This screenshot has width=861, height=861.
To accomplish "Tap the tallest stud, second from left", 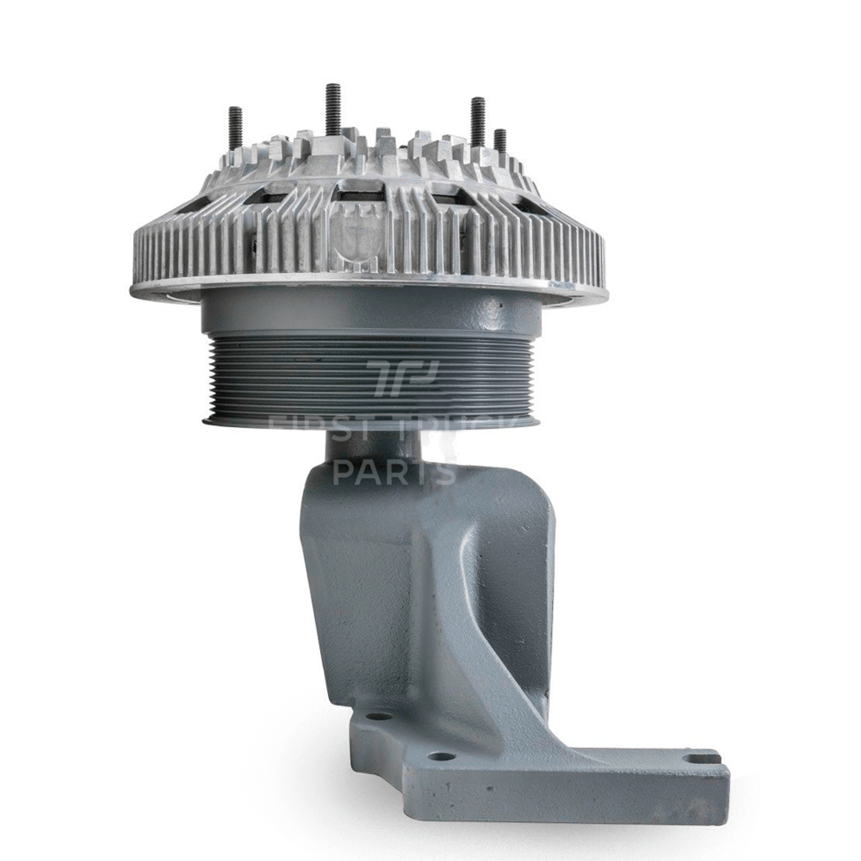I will (x=331, y=108).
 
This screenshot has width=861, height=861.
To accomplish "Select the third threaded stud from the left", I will (x=477, y=120).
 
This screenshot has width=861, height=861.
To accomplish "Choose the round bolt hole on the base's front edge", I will (x=441, y=758).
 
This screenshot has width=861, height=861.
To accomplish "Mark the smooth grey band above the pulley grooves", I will (x=362, y=314).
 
